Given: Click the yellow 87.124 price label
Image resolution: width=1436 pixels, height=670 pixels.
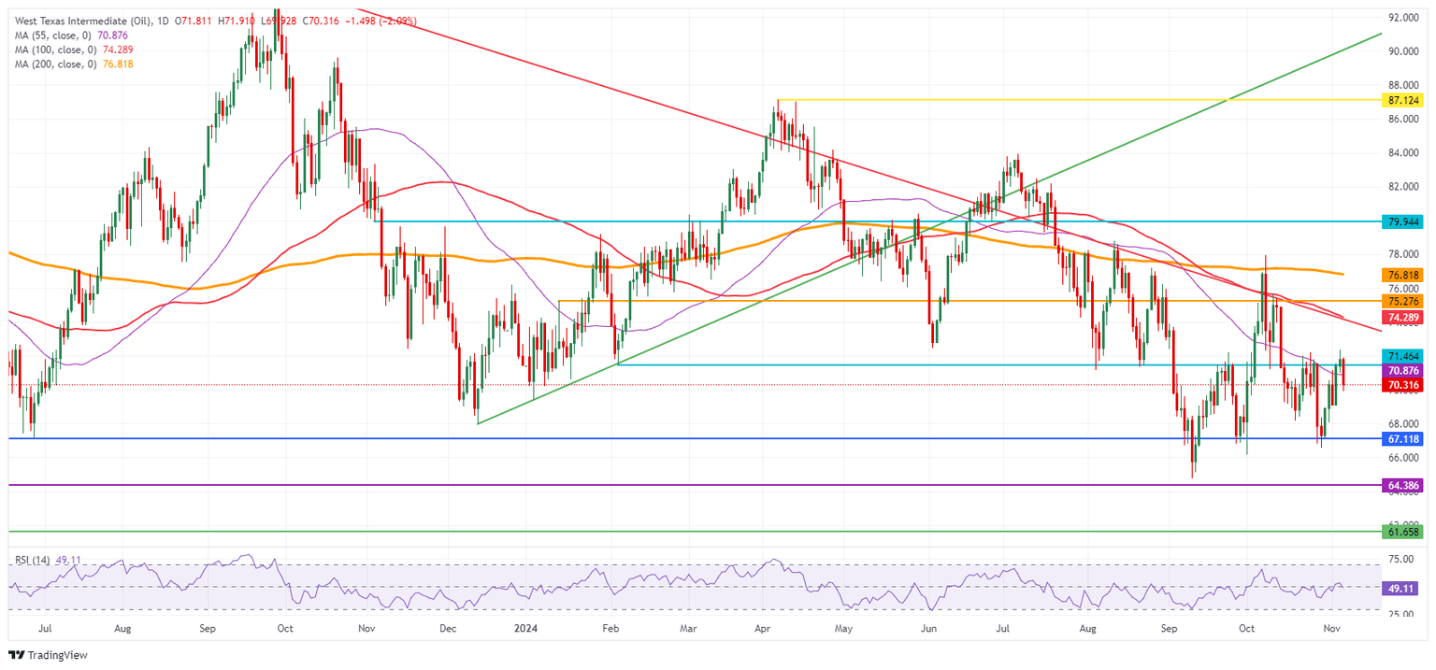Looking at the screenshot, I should [1401, 98].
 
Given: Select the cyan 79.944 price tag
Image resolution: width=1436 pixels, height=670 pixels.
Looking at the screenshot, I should [1401, 221].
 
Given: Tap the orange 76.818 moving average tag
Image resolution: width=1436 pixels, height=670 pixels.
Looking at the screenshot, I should [1401, 276].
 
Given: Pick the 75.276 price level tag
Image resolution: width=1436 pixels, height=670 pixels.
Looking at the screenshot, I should [1401, 302].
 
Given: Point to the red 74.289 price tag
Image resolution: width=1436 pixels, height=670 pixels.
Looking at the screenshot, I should [1401, 319].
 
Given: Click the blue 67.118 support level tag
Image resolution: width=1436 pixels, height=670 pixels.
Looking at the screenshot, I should [1401, 438].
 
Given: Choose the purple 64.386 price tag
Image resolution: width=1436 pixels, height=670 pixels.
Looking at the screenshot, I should [1401, 485].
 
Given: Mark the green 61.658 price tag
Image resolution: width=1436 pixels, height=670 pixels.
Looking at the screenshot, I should [1401, 532].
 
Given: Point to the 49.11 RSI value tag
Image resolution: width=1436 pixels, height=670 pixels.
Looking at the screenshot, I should [1401, 590].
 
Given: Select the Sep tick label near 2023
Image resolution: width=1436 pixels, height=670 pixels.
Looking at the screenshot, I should [208, 630].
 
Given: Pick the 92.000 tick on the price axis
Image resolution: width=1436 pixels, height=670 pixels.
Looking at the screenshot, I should [1403, 18].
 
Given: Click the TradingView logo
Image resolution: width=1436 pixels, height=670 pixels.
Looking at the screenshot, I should [49, 655].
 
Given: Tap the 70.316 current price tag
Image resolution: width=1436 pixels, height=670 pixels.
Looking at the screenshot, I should [1401, 384].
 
